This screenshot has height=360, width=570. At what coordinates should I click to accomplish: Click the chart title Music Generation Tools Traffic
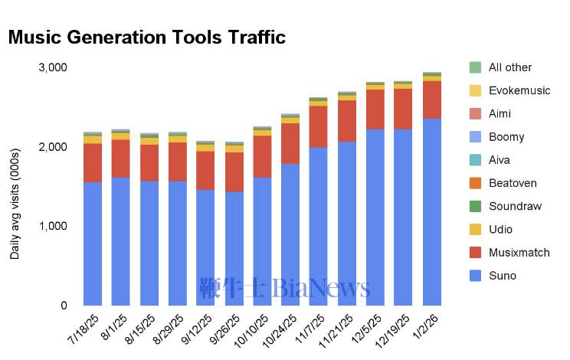click(x=146, y=37)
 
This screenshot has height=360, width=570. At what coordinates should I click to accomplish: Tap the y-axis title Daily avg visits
click(x=15, y=199)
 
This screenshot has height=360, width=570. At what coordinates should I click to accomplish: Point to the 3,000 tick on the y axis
click(x=53, y=67)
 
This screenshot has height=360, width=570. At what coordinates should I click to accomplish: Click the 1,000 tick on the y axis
click(x=53, y=226)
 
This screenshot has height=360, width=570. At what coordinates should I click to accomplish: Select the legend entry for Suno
click(x=503, y=276)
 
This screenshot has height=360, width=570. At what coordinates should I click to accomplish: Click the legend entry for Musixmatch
click(x=519, y=253)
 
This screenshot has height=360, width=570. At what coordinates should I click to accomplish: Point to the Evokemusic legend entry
click(x=519, y=90)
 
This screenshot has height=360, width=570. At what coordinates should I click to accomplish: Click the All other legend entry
click(x=509, y=67)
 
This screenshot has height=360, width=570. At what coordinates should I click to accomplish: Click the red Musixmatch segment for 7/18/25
click(x=93, y=162)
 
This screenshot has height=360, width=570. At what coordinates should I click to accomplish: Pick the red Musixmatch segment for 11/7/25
click(x=319, y=126)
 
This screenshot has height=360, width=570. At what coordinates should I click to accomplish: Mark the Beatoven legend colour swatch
click(x=475, y=183)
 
